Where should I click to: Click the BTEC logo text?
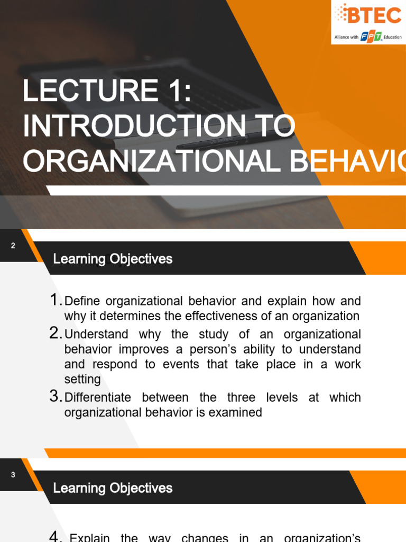pyautogui.click(x=374, y=16)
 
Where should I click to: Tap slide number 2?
pyautogui.click(x=13, y=246)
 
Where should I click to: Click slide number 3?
pyautogui.click(x=13, y=475)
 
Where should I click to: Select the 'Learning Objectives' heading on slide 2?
pyautogui.click(x=113, y=259)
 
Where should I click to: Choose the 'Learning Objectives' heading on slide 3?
pyautogui.click(x=113, y=487)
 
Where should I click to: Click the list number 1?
pyautogui.click(x=55, y=301)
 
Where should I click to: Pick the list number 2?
pyautogui.click(x=56, y=333)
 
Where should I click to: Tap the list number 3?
pyautogui.click(x=56, y=396)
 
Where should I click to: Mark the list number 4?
pyautogui.click(x=56, y=536)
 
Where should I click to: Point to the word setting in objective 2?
pyautogui.click(x=82, y=380)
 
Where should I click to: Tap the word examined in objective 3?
pyautogui.click(x=238, y=412)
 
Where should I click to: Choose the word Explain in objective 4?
pyautogui.click(x=90, y=538)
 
